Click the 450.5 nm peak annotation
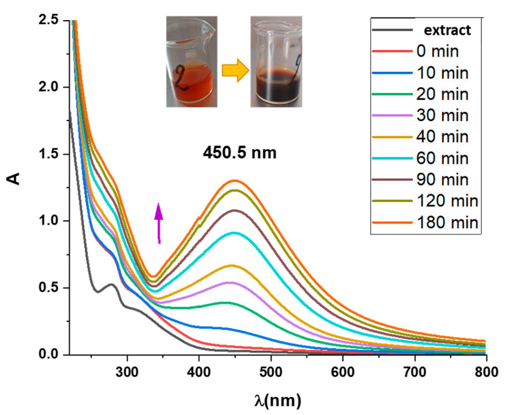(240, 152)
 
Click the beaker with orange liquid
(192, 62)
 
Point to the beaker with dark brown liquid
(276, 62)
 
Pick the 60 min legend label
(442, 158)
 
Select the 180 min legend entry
(447, 222)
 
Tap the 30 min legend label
(442, 115)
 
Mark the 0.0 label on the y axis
(48, 354)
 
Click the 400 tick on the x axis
(199, 372)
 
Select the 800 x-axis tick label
(486, 372)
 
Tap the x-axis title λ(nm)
(278, 401)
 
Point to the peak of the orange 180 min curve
(235, 180)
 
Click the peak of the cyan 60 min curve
(234, 233)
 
